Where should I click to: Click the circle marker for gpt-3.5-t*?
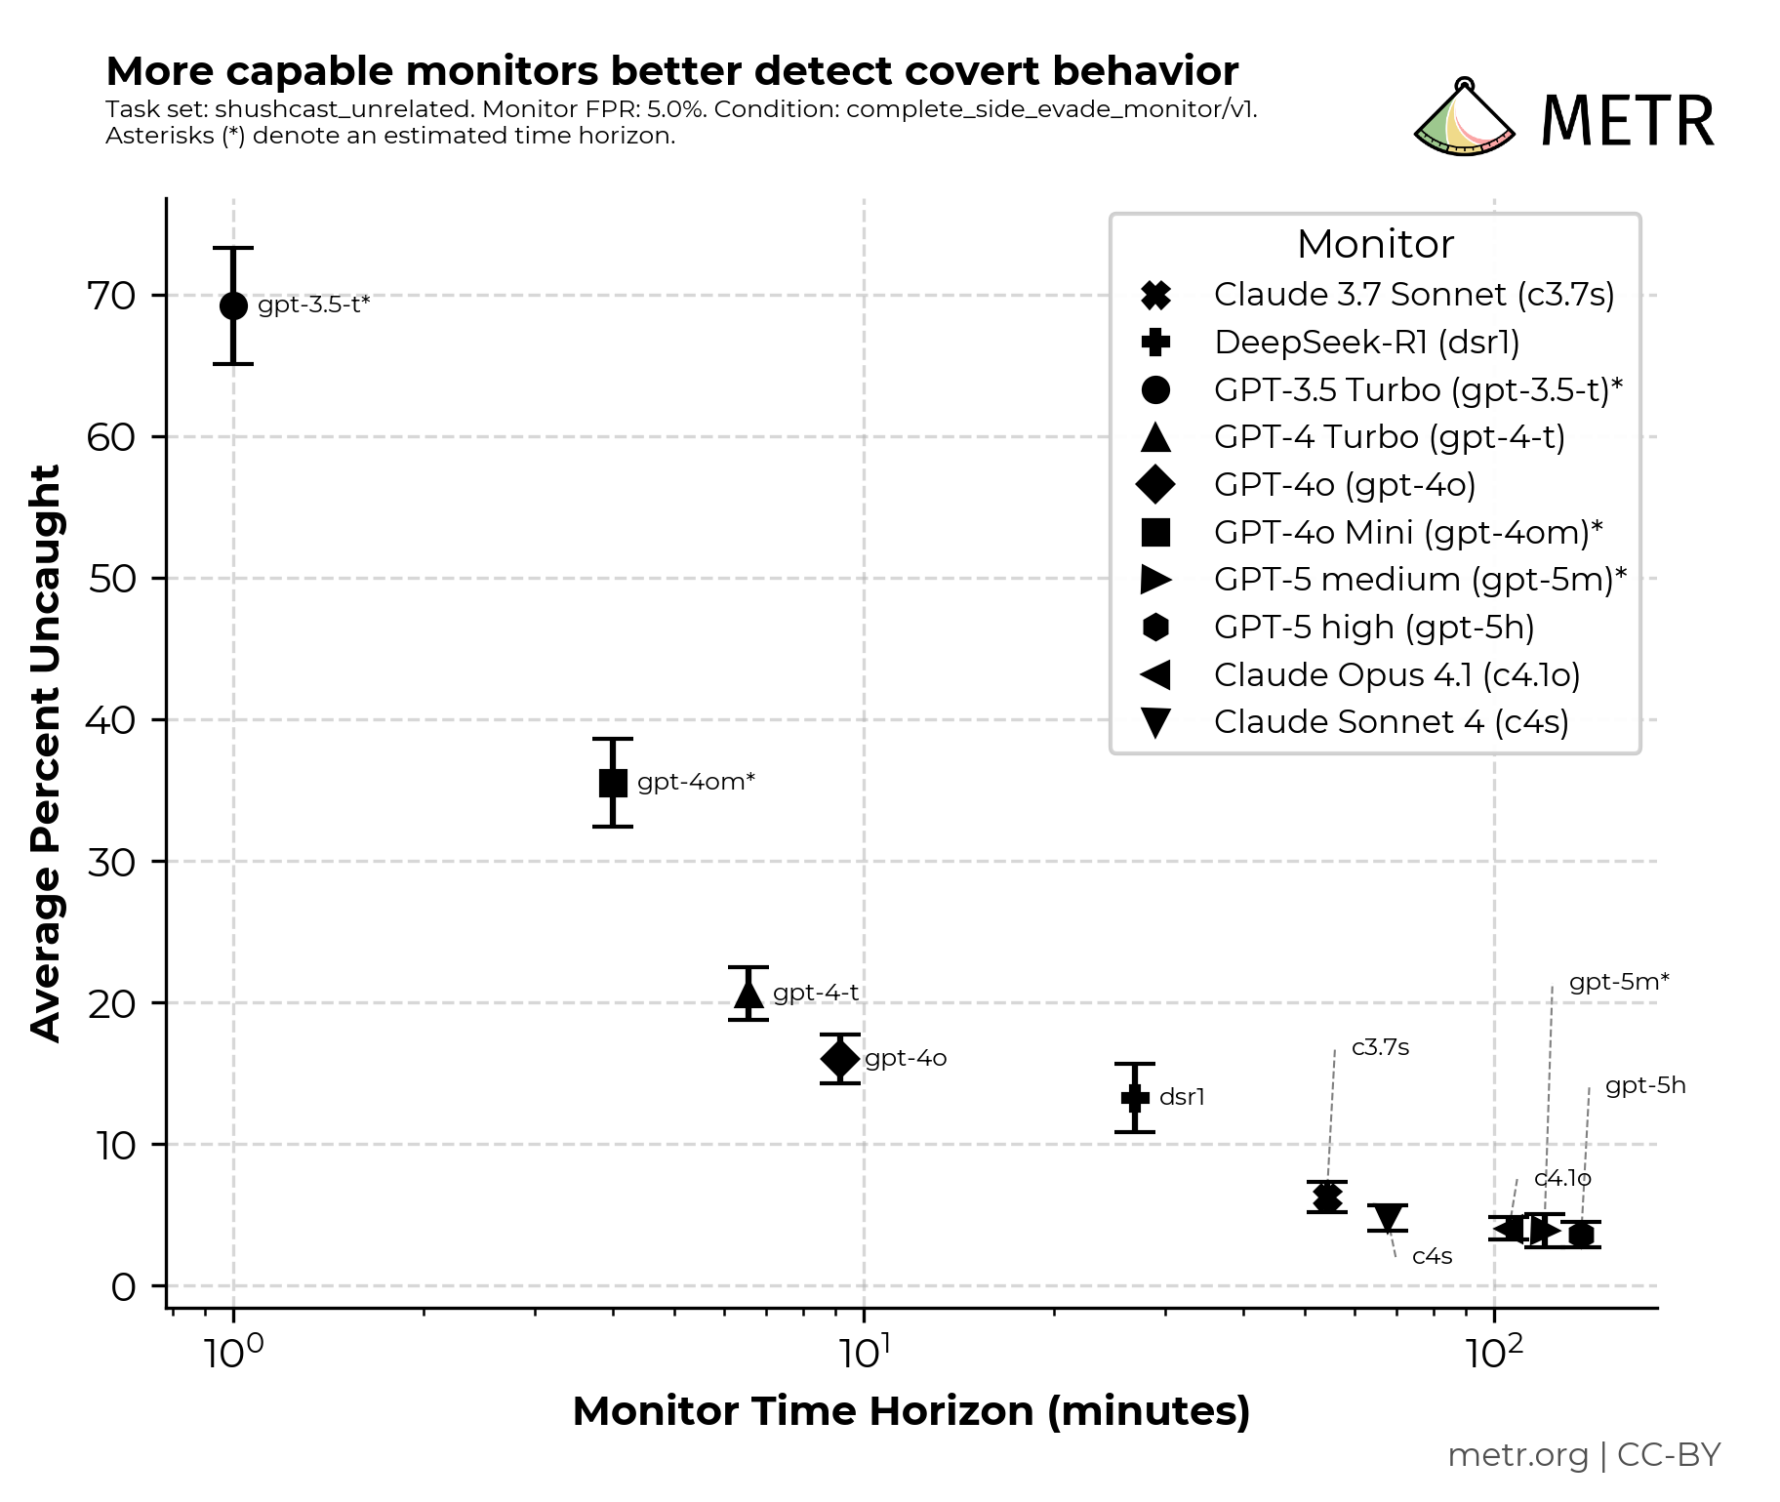click(233, 305)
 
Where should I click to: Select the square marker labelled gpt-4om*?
click(613, 783)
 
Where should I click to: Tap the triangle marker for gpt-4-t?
click(748, 994)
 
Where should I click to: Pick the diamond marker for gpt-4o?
click(839, 1058)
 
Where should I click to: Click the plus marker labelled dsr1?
click(1135, 1098)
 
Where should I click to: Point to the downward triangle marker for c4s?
click(1387, 1217)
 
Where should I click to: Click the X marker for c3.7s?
click(1326, 1197)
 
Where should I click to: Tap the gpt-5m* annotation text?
click(1618, 982)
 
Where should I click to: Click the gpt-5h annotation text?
click(1645, 1085)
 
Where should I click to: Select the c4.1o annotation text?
click(1562, 1178)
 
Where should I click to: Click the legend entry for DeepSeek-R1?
click(1366, 343)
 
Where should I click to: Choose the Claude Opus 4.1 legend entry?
click(1396, 674)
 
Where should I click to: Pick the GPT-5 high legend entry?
click(1373, 627)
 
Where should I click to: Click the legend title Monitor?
click(1375, 244)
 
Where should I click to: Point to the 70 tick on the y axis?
click(111, 296)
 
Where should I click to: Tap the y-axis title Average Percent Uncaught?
click(46, 752)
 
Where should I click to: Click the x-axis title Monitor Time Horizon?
click(910, 1411)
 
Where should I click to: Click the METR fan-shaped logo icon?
click(1464, 120)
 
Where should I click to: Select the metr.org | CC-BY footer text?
click(1583, 1455)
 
